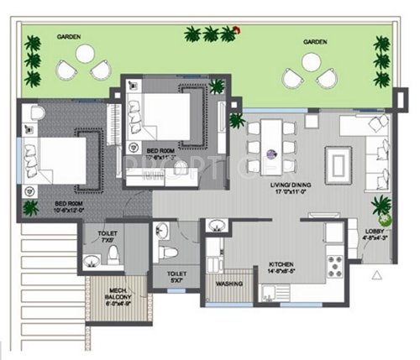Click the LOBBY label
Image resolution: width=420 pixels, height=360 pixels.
pos(374,234)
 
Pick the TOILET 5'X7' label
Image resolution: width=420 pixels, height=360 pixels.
pos(176,277)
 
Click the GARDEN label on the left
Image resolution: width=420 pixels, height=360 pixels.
pos(69,38)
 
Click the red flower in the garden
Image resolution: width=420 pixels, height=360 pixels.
pos(238,31)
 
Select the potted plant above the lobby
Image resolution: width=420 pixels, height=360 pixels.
pos(380,205)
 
